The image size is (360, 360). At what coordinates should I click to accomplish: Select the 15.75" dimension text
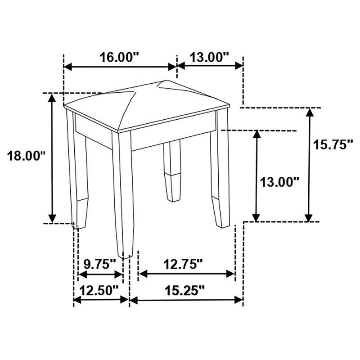(x=333, y=145)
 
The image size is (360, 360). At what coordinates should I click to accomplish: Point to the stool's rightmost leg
(x=220, y=175)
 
